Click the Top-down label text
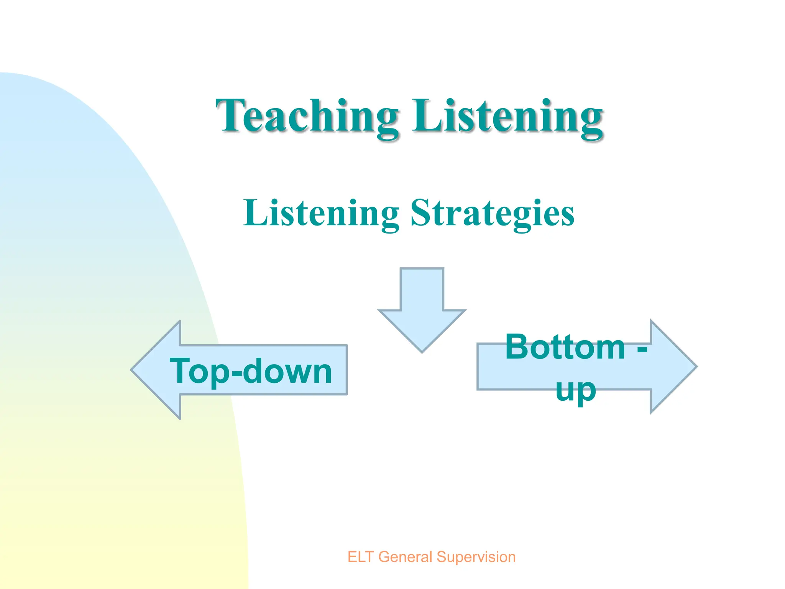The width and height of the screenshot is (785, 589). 251,371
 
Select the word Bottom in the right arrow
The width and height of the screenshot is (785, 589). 565,347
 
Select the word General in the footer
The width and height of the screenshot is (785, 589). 405,557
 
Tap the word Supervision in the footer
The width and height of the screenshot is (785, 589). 476,557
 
